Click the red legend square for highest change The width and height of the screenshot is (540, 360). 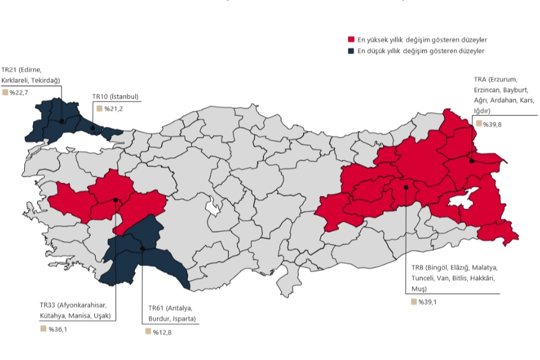click(x=352, y=40)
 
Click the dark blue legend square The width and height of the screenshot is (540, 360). click(x=352, y=51)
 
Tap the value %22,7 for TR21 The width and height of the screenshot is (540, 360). click(x=19, y=92)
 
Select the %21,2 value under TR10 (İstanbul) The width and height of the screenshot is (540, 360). click(x=113, y=109)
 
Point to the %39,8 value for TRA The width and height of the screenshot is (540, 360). click(x=492, y=123)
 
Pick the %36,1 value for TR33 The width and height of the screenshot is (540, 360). click(x=57, y=329)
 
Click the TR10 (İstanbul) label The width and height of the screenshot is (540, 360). click(x=115, y=96)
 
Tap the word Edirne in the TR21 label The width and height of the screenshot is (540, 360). click(x=31, y=70)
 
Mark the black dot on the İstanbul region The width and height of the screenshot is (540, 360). click(x=92, y=128)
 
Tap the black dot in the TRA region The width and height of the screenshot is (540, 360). click(x=472, y=160)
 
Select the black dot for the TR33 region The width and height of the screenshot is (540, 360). click(x=115, y=200)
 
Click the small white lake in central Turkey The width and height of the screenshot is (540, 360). click(x=212, y=207)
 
